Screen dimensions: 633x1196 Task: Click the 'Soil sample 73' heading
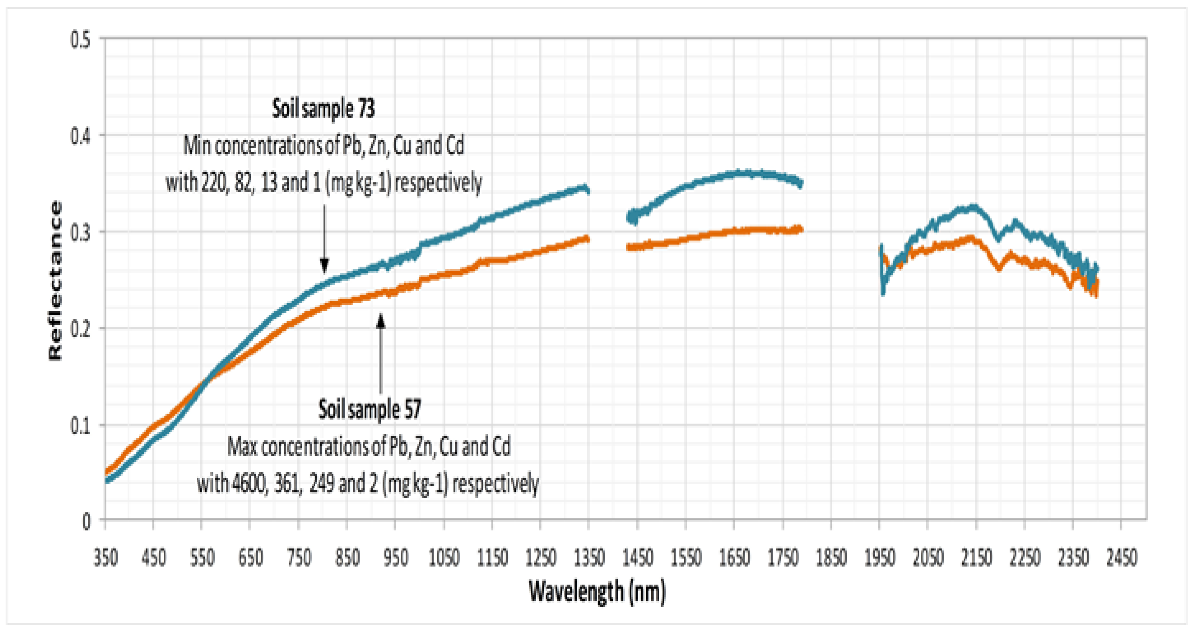[x=323, y=109]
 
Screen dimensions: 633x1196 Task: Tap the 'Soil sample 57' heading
[x=370, y=409]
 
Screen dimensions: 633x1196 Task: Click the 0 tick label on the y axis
[x=86, y=522]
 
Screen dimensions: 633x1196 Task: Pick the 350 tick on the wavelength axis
[x=105, y=557]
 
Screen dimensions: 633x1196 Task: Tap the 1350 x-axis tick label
[x=589, y=557]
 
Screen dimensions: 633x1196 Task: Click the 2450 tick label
[x=1121, y=557]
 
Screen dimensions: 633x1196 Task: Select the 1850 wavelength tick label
[x=831, y=557]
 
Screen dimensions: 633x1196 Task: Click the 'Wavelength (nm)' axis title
[x=597, y=592]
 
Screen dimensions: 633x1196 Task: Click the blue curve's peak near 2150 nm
[x=973, y=207]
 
